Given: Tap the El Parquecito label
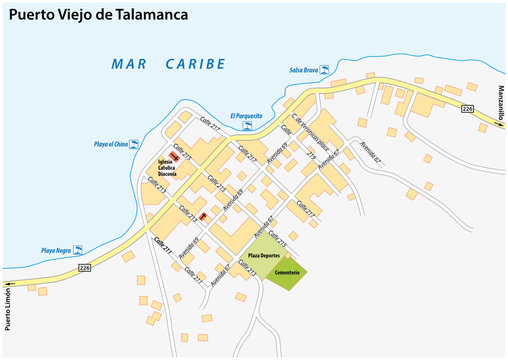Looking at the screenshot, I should pyautogui.click(x=245, y=116).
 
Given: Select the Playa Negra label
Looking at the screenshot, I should pyautogui.click(x=58, y=249).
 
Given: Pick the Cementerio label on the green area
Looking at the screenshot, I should pyautogui.click(x=287, y=271).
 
